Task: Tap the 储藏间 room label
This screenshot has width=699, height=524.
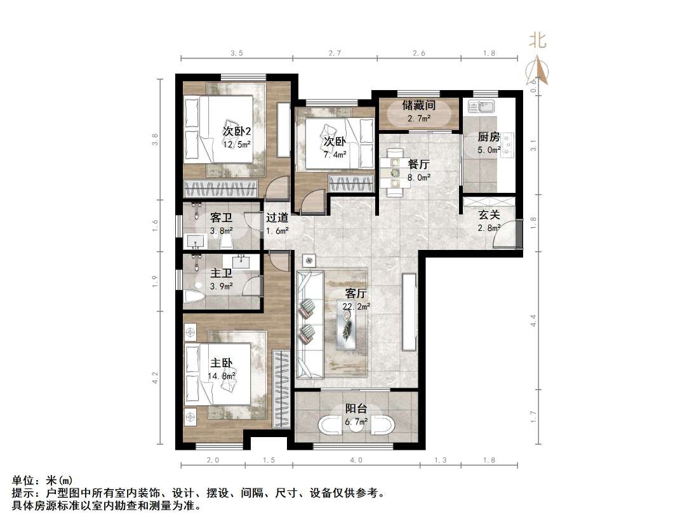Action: [x=418, y=105]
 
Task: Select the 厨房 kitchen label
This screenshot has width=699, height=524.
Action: [x=489, y=137]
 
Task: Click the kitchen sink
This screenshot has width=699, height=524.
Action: [x=482, y=106]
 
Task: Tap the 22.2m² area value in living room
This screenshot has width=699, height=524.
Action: [x=357, y=306]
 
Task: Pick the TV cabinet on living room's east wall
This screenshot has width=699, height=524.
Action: [x=409, y=311]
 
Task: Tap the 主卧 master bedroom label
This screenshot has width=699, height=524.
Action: [x=222, y=364]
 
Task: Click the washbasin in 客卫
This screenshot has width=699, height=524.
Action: [x=195, y=241]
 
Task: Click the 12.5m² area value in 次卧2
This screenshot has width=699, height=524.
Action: [x=236, y=145]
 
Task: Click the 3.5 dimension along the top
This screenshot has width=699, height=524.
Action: [x=236, y=53]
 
